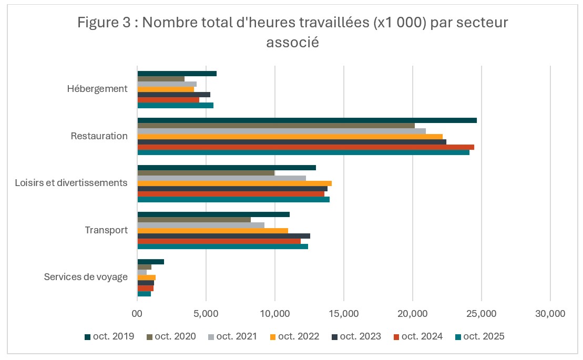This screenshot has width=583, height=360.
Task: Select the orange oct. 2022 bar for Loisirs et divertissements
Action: [234, 183]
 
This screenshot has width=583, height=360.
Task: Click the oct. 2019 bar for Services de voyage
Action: [151, 262]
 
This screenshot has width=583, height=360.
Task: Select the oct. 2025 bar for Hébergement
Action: [175, 105]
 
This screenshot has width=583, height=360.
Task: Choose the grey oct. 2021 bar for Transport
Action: [201, 225]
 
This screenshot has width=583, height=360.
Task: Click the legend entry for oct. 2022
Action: [294, 336]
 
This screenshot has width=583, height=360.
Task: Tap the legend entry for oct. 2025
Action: [479, 336]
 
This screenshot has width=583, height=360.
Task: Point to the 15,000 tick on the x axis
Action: [344, 314]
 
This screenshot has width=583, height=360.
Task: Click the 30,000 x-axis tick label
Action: [550, 314]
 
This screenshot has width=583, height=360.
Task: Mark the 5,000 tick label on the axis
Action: [206, 314]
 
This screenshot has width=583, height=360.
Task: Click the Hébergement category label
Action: [97, 88]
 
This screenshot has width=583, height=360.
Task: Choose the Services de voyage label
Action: [86, 276]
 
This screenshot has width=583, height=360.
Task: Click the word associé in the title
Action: [292, 43]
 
